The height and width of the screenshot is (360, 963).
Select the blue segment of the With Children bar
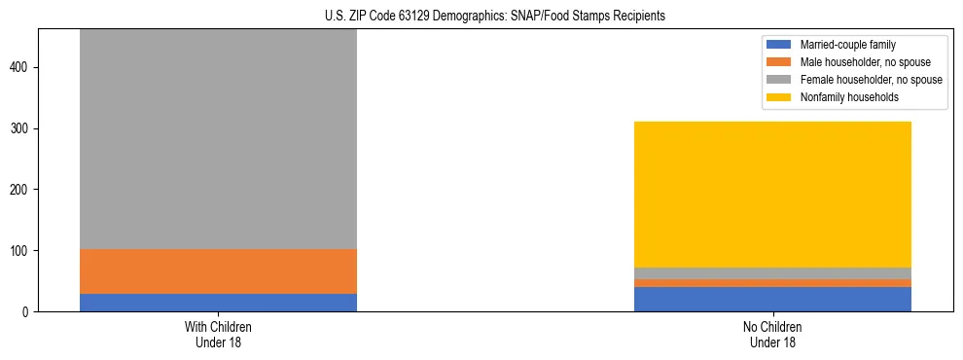pos(218,302)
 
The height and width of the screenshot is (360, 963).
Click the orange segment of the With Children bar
pos(218,271)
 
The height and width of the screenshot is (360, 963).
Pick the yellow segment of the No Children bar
pos(772,195)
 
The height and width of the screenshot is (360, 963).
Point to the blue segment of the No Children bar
pos(772,299)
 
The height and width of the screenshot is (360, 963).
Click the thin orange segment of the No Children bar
pos(772,283)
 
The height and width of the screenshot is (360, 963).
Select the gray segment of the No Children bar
pos(772,273)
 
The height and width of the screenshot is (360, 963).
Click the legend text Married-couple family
pos(847,45)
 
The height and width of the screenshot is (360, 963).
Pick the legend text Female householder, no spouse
pos(871,80)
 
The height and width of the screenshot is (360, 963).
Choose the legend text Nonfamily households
pos(849,97)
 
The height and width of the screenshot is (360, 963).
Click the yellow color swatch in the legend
pos(779,97)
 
